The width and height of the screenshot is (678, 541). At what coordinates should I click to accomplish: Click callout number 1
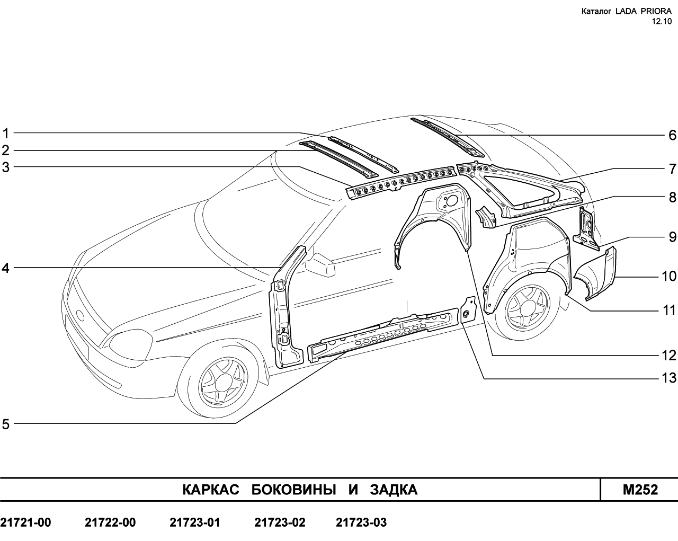point(6,134)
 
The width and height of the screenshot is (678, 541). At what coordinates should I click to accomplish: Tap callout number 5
point(6,424)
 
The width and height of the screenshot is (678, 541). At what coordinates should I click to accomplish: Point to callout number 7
point(672,170)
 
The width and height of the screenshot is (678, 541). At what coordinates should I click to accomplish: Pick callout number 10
point(669,276)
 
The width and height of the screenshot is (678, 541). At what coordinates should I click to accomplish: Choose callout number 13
point(669,378)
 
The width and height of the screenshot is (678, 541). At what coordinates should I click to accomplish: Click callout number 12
point(669,356)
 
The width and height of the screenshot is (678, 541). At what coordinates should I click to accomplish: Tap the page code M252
point(640,490)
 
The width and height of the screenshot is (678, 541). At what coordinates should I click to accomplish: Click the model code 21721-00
point(25,522)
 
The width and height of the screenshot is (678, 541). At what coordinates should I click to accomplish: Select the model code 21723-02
point(280,522)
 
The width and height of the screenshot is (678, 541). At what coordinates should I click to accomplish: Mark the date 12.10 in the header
point(662,22)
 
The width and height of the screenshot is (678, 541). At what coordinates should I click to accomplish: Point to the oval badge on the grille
point(81,315)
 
